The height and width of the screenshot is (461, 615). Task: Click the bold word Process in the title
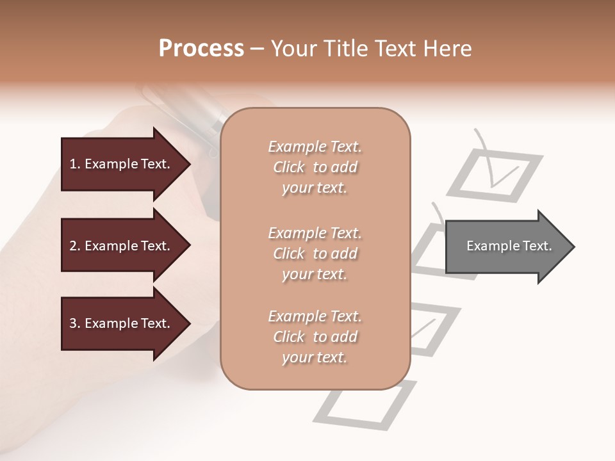coord(201,49)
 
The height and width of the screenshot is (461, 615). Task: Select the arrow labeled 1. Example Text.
coord(122,164)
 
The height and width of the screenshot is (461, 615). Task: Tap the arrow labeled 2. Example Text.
coord(122,246)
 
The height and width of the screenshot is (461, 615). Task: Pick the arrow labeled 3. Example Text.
coord(122,323)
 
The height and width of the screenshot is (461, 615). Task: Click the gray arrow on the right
coord(506,247)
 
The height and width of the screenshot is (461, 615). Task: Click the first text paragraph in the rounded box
coord(315,167)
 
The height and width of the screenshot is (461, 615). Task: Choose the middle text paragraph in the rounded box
coord(315,254)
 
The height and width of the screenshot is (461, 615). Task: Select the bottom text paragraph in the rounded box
coord(315,337)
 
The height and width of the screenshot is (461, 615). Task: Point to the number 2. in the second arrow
coord(76,246)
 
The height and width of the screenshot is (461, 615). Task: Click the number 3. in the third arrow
coord(76,323)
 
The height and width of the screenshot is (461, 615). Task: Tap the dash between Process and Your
coord(258,49)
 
